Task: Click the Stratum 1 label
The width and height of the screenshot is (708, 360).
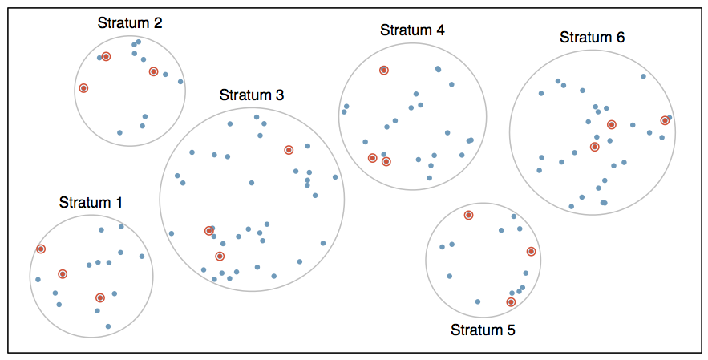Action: pyautogui.click(x=91, y=202)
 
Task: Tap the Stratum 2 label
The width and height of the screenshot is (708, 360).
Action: pyautogui.click(x=130, y=22)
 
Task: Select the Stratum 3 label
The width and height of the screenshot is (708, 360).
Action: pyautogui.click(x=252, y=95)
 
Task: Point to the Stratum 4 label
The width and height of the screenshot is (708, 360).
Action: pyautogui.click(x=412, y=30)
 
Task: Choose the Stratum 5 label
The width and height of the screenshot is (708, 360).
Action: pyautogui.click(x=483, y=330)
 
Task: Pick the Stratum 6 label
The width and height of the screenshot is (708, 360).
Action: pyautogui.click(x=592, y=37)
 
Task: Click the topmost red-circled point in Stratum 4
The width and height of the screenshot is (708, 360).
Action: pyautogui.click(x=384, y=71)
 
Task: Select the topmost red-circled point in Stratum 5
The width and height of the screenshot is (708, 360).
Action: pyautogui.click(x=468, y=215)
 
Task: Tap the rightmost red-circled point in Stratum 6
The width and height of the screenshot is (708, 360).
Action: pyautogui.click(x=665, y=120)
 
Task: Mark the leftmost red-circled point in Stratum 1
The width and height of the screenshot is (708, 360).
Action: pyautogui.click(x=41, y=249)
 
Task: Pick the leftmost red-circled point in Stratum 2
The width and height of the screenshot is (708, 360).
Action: pyautogui.click(x=83, y=87)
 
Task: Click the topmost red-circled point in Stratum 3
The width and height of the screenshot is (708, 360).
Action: pyautogui.click(x=289, y=150)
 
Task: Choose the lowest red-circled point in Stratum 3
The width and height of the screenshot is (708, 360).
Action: pyautogui.click(x=220, y=257)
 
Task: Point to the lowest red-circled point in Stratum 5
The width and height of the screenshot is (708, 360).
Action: pyautogui.click(x=511, y=302)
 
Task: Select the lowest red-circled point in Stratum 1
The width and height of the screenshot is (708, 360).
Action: pyautogui.click(x=100, y=297)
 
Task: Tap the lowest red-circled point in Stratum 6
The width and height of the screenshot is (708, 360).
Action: pyautogui.click(x=594, y=147)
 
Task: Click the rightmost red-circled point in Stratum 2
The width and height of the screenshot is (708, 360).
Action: pyautogui.click(x=153, y=71)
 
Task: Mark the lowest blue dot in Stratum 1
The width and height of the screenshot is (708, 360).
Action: pyautogui.click(x=107, y=326)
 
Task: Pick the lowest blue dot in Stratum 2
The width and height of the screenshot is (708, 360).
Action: pyautogui.click(x=119, y=132)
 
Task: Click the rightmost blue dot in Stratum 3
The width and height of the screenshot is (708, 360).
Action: pyautogui.click(x=335, y=176)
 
